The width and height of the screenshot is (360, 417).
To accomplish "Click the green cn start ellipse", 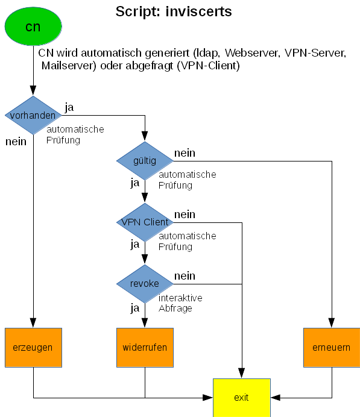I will pos(33,27).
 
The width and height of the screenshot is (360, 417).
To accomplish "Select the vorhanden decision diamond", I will pos(33,115).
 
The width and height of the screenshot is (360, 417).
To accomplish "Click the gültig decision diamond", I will pos(145,161).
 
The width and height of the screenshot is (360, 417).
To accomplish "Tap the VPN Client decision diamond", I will pos(145,222).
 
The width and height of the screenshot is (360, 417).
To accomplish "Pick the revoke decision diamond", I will pos(145,284).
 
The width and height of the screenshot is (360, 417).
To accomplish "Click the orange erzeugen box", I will pos(33,348).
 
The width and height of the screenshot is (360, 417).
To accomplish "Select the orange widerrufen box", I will pos(145,348).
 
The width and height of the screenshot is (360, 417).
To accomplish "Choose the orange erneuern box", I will pos(331,348).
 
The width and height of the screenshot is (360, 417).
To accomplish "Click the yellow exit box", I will pos(242,397).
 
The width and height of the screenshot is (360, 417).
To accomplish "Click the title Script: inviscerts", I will pos(174,11).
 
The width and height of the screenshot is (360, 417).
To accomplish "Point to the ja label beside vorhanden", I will pos(69,107).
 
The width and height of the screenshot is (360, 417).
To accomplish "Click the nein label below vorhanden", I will pos(16,142).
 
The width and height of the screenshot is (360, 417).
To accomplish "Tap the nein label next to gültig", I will pos(185,153).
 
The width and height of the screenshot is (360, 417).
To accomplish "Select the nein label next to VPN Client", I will pos(185,215).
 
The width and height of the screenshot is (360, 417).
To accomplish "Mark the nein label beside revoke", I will pos(185,276).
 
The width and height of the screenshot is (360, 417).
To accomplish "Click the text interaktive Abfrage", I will pos(180,303).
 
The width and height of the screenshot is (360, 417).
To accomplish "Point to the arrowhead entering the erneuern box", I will pos(332,323).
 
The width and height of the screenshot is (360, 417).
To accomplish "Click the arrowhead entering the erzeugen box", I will pos(33,323).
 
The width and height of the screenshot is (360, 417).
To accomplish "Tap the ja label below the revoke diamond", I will pos(135,308).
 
